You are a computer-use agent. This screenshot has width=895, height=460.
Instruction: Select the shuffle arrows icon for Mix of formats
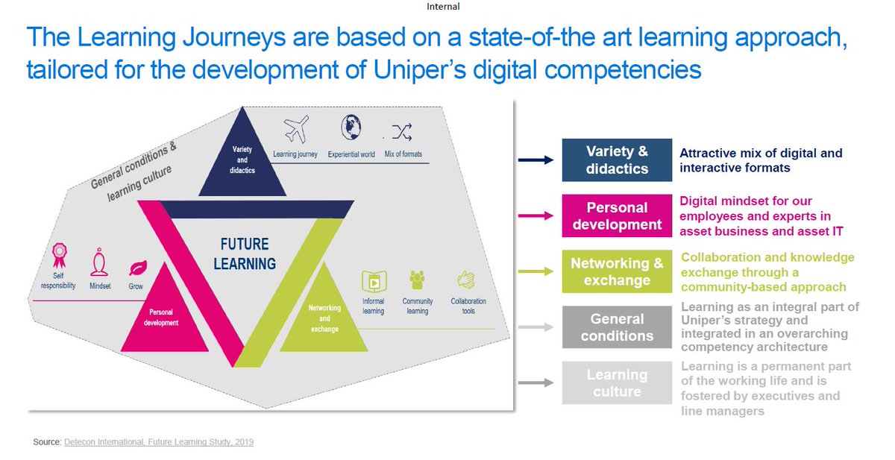click(x=402, y=133)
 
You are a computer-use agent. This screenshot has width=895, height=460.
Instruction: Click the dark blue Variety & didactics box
click(x=617, y=160)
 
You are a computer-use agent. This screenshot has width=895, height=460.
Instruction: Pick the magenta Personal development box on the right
click(x=617, y=215)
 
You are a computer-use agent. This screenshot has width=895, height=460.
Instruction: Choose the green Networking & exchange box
click(x=617, y=271)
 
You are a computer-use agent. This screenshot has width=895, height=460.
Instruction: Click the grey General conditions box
click(x=617, y=327)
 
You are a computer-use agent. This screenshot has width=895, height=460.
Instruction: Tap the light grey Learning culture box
click(x=617, y=382)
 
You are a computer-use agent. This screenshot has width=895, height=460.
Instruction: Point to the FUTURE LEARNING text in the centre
click(x=245, y=254)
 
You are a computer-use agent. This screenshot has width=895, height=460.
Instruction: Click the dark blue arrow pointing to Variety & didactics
click(x=536, y=160)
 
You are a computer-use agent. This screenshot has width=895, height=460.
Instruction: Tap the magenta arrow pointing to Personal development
click(x=536, y=215)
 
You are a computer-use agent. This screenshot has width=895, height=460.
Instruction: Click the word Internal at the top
click(x=443, y=7)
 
